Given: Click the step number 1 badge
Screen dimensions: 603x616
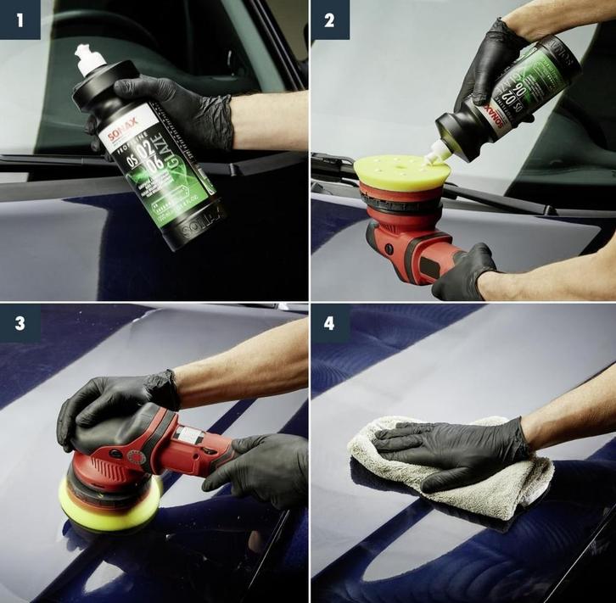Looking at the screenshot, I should pyautogui.click(x=20, y=20).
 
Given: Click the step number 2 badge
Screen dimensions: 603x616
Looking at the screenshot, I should pyautogui.click(x=330, y=20).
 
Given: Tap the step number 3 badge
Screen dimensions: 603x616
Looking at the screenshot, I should pyautogui.click(x=20, y=323).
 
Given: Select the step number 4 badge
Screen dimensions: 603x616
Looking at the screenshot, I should pyautogui.click(x=330, y=323).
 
